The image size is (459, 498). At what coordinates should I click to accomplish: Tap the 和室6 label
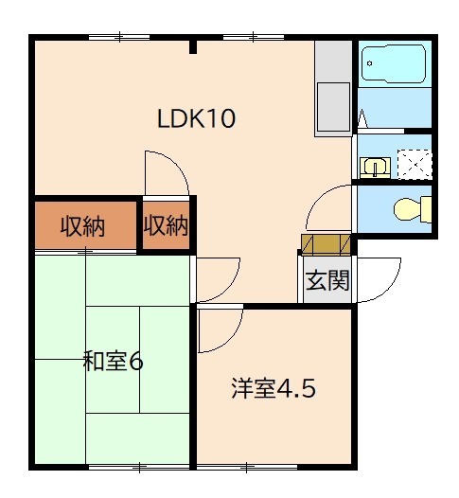tap(113, 361)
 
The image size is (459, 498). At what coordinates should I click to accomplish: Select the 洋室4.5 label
tap(273, 389)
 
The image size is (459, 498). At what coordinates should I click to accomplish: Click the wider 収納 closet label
tap(84, 226)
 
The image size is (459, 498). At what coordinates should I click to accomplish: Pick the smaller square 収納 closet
tap(166, 226)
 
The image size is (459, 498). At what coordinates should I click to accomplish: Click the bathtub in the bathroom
tap(394, 65)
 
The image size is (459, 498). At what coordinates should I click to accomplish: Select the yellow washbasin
tap(375, 168)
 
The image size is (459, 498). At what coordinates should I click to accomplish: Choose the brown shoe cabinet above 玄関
tap(327, 244)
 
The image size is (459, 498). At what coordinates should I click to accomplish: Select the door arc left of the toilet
tap(331, 208)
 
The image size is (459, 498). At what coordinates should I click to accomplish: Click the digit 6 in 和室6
tap(136, 361)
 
